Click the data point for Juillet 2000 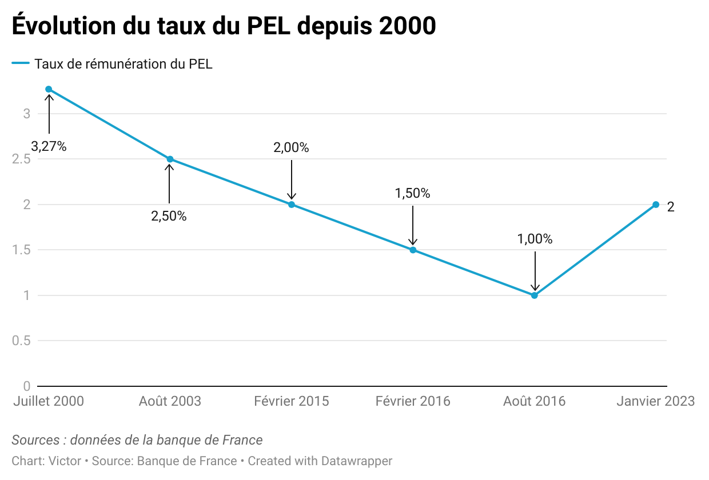pos(49,89)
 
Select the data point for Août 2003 pos(170,159)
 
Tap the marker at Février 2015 pos(292,205)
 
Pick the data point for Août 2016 pos(535,295)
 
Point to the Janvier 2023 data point pos(656,205)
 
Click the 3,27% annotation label pos(49,147)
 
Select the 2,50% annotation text pos(169,217)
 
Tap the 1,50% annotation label pos(412,194)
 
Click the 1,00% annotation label pos(535,239)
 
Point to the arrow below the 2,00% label pos(292,180)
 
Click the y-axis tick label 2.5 pos(21,159)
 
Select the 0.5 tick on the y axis pos(21,341)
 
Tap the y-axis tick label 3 pos(26,114)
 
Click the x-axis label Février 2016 pos(413,401)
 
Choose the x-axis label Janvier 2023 pos(655,401)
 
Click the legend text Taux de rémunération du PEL pos(123,64)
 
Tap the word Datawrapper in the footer pos(357,461)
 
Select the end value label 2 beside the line pos(671,207)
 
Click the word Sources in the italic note pos(35,441)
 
